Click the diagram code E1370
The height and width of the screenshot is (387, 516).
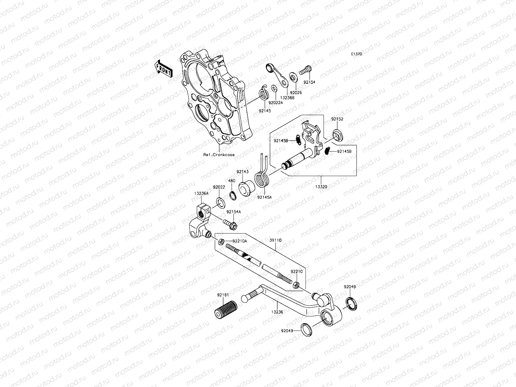click(365, 55)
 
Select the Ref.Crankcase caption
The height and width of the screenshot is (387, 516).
click(219, 155)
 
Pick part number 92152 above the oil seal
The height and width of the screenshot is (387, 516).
click(337, 119)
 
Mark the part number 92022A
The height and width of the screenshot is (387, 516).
click(276, 103)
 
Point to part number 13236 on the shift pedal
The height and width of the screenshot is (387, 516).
click(277, 312)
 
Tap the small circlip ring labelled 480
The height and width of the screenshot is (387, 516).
click(232, 195)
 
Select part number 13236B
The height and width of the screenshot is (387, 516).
click(287, 97)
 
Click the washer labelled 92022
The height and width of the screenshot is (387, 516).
click(221, 203)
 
